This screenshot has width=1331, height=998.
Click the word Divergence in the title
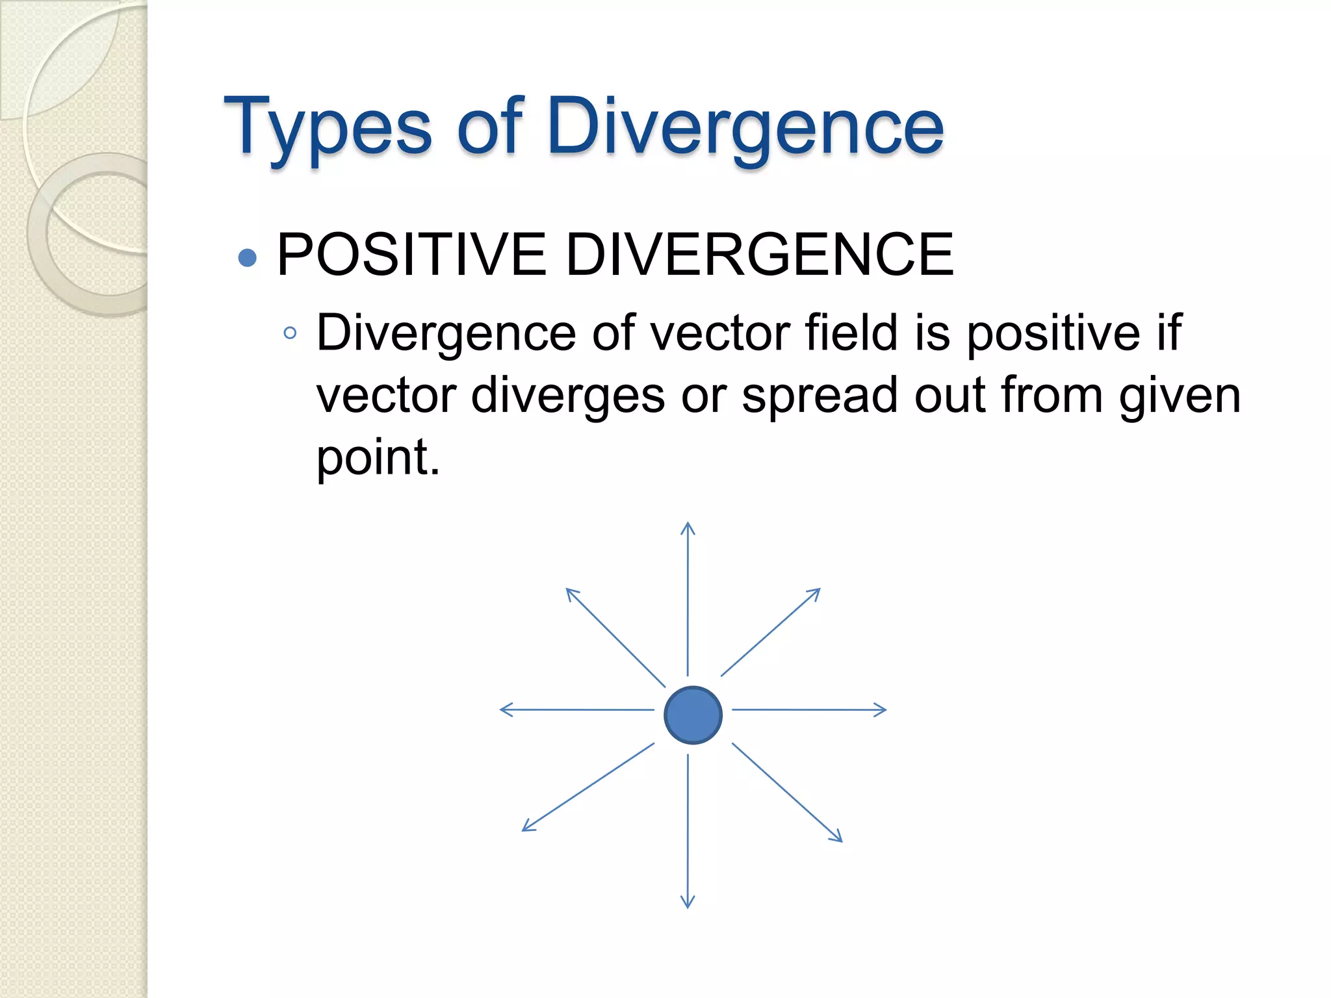point(745,128)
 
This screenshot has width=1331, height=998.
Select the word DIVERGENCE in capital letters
point(759,255)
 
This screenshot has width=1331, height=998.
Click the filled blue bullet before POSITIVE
point(247,258)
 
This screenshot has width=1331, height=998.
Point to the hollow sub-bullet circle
point(290,334)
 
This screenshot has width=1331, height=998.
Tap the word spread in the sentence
point(820,395)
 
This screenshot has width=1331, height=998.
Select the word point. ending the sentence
point(378,457)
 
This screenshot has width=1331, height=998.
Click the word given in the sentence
point(1180,395)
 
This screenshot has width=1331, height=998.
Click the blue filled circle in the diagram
point(693,715)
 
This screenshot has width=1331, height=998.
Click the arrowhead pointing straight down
point(688,902)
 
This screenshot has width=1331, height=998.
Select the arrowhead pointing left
point(506,710)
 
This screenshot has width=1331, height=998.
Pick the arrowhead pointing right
point(881,710)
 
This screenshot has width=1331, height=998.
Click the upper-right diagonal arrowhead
point(815,593)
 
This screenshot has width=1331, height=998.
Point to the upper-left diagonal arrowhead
point(571,593)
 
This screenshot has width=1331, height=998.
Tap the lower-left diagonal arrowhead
point(528,826)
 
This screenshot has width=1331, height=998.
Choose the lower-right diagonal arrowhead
point(837,838)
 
